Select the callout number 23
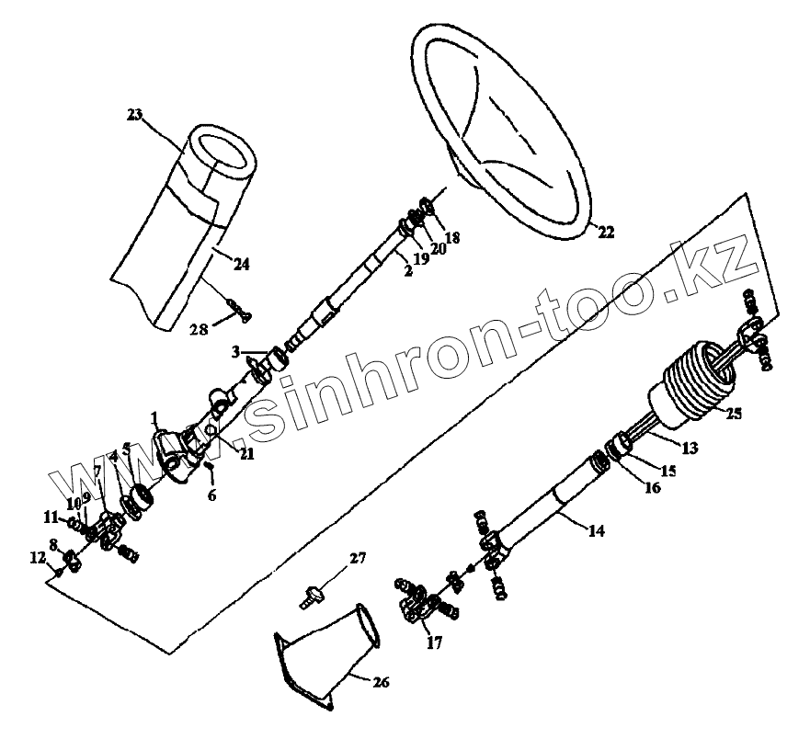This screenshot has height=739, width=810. point(136,115)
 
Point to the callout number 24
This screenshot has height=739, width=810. point(241,265)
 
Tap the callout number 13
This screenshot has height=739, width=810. point(689,449)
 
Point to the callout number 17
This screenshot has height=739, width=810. point(432,643)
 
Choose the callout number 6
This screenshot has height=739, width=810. point(213,495)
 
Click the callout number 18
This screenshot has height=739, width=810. point(452,237)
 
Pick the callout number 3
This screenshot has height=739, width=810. point(235,351)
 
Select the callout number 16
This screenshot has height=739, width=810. point(652,488)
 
